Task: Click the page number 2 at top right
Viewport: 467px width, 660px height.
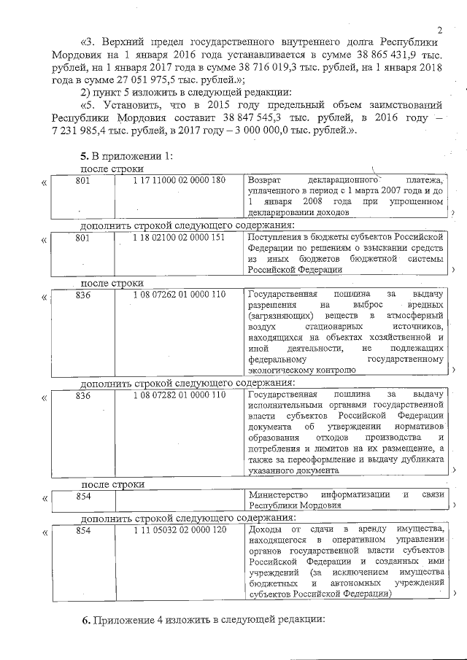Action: click(x=441, y=30)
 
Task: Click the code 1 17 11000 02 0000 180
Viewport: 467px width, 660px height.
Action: click(x=179, y=179)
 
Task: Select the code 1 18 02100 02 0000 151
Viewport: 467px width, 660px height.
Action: click(x=179, y=238)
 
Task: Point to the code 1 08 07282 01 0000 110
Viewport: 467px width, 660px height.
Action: click(x=179, y=395)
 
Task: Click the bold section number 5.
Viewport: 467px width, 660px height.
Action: click(x=82, y=156)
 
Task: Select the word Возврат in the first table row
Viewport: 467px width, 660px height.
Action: click(x=265, y=179)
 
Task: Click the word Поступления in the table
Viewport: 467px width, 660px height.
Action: click(x=274, y=238)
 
